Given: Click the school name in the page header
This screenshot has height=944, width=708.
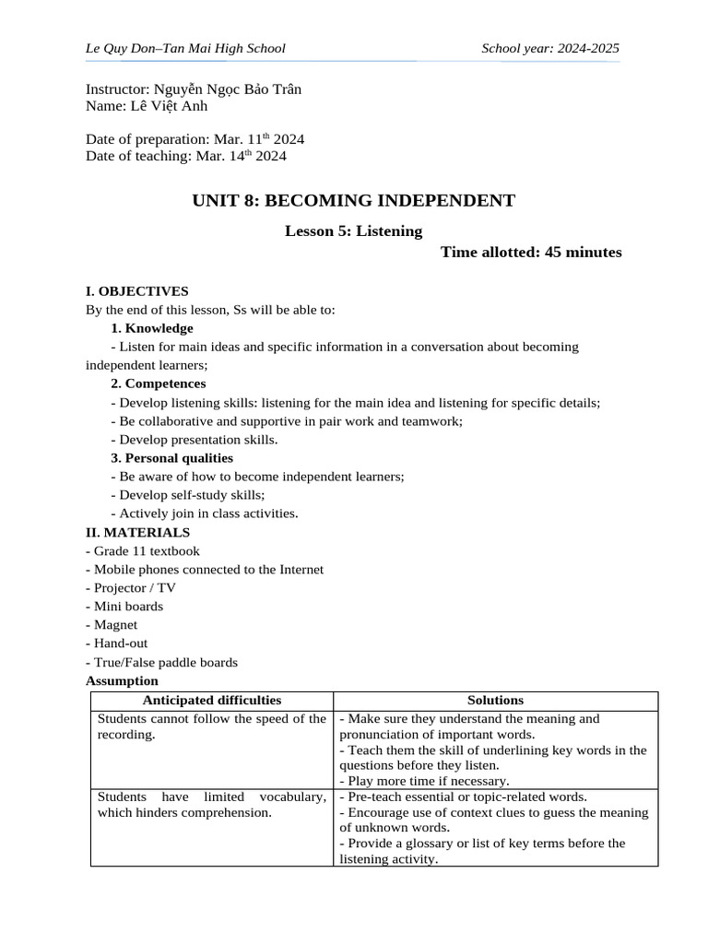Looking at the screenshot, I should tap(185, 48).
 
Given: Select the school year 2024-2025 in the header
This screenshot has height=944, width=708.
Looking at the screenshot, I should tap(550, 48).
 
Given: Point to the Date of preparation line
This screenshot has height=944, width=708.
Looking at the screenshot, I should tap(195, 139).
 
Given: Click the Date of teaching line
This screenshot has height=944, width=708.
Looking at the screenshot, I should tap(185, 156).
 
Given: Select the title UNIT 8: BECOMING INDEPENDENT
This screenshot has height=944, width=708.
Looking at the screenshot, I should tap(353, 200).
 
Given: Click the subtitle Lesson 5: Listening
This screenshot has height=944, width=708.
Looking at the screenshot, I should tap(353, 230).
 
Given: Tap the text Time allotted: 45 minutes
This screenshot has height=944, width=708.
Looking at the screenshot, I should tap(530, 252).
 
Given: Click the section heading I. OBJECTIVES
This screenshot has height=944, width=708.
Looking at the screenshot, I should tap(136, 291).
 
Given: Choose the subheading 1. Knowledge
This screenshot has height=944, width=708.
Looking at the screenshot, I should tap(151, 328).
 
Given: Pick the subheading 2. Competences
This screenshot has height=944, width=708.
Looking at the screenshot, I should tap(158, 383).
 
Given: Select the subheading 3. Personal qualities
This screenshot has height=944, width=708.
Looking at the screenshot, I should tap(171, 458).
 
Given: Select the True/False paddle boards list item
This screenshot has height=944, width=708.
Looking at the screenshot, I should tap(161, 662).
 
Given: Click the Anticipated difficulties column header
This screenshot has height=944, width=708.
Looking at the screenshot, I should tap(211, 701).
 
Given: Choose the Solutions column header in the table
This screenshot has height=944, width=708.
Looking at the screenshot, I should tap(495, 701).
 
